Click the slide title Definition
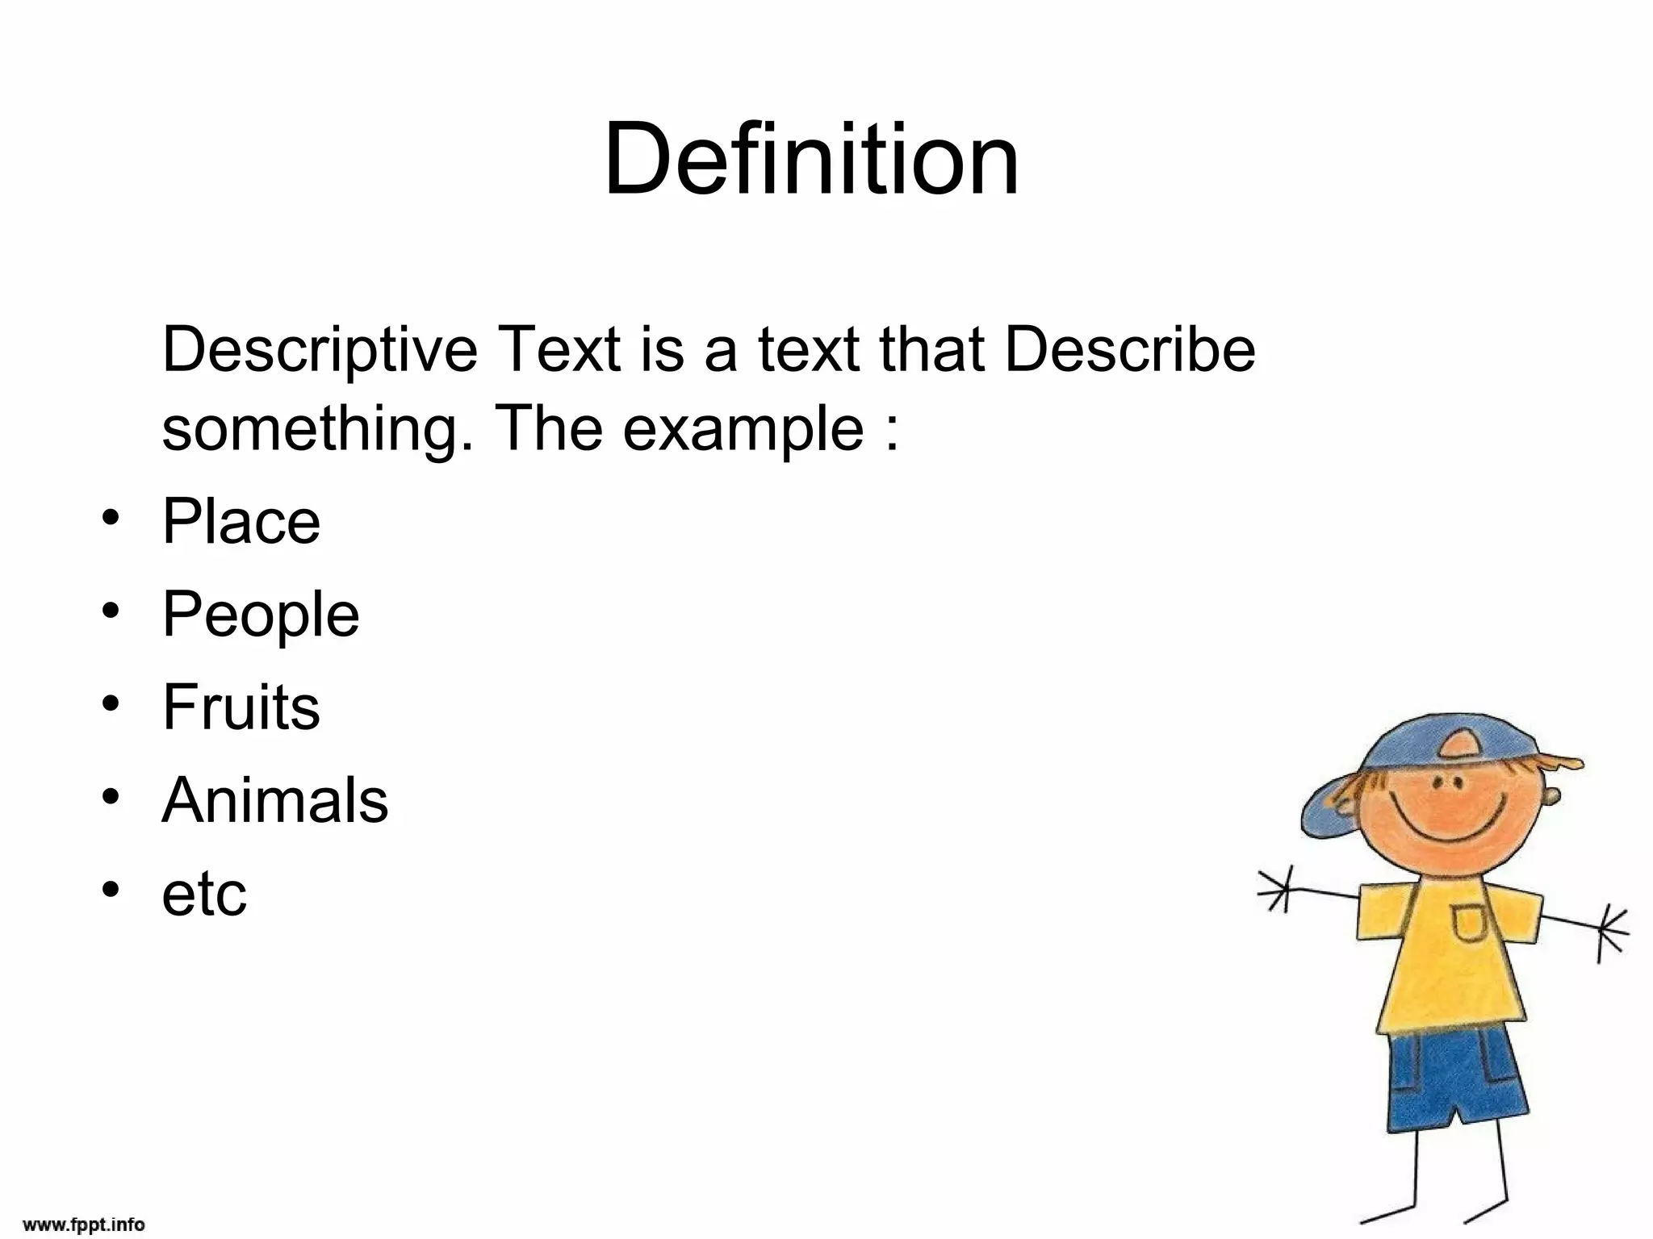click(811, 159)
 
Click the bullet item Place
click(241, 522)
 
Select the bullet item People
click(260, 615)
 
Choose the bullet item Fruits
click(241, 707)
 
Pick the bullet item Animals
click(274, 800)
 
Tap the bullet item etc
click(203, 894)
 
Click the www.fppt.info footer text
click(84, 1224)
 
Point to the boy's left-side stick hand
click(1278, 889)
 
